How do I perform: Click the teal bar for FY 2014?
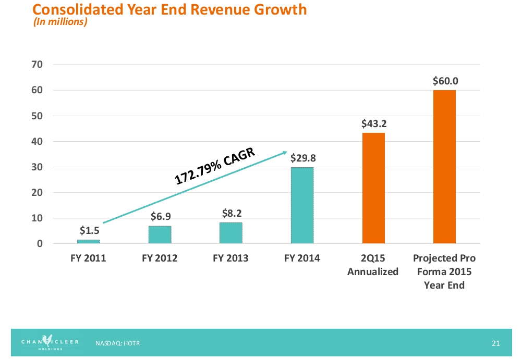point(302,205)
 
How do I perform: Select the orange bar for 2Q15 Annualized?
point(373,188)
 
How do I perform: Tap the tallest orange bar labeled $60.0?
point(444,167)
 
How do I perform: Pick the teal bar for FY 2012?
point(160,234)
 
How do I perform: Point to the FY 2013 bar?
point(230,233)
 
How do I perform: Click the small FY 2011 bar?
point(89,242)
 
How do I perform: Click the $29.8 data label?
point(302,158)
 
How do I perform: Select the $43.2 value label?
point(373,124)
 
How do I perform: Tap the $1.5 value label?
point(89,230)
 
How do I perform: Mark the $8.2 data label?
point(230,213)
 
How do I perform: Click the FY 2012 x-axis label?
point(160,258)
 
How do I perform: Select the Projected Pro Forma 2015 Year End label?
point(444,271)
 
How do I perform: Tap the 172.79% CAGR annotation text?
point(214,165)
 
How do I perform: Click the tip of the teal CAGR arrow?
point(287,152)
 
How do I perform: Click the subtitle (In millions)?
point(60,22)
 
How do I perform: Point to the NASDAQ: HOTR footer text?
point(118,343)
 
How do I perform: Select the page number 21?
point(495,343)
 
